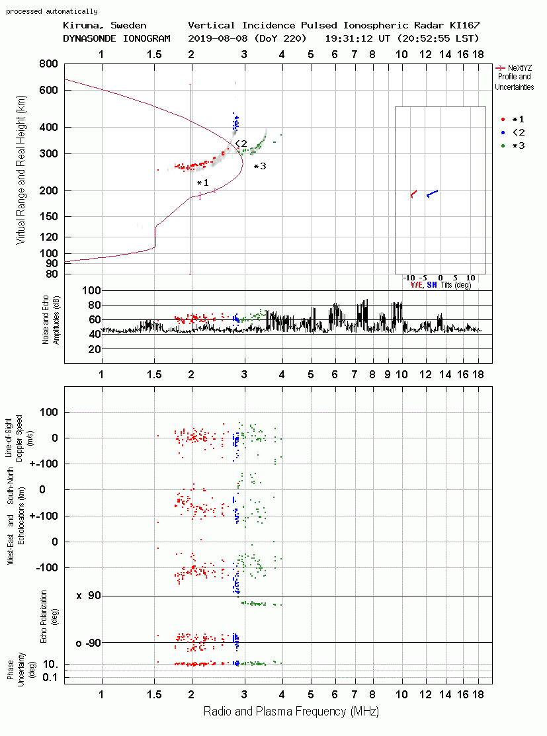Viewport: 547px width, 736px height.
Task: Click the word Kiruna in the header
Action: click(x=83, y=26)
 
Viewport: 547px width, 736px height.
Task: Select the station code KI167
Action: click(x=464, y=25)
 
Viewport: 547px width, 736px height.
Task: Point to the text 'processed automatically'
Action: click(x=52, y=11)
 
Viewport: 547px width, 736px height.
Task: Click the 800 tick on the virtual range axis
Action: click(x=48, y=63)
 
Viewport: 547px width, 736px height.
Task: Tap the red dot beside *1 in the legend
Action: click(x=503, y=120)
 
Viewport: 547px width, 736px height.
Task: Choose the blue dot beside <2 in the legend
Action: click(x=503, y=133)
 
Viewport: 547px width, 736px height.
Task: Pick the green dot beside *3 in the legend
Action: click(x=503, y=146)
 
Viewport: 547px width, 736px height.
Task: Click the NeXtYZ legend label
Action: click(x=520, y=68)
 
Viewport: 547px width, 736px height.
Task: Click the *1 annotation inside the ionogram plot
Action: click(x=202, y=183)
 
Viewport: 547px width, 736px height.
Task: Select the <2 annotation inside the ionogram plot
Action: click(x=241, y=143)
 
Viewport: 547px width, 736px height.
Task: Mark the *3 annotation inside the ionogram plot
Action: click(x=260, y=166)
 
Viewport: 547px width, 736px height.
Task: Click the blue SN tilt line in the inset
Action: click(x=432, y=193)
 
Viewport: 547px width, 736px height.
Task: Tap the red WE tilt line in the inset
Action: click(x=413, y=194)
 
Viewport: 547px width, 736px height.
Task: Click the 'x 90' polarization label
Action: click(x=89, y=596)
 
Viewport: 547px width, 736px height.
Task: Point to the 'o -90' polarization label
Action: click(x=88, y=643)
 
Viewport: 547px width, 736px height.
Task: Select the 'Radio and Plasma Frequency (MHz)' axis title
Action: click(x=291, y=712)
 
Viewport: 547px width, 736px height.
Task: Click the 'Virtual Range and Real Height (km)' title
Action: click(x=21, y=170)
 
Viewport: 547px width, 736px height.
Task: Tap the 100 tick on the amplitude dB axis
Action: click(x=91, y=290)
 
